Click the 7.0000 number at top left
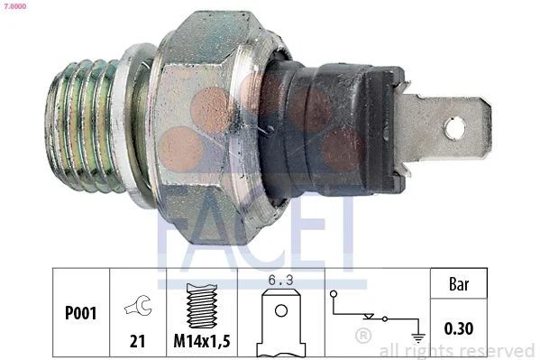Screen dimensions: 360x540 [14, 5]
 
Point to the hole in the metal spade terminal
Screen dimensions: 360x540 [453, 129]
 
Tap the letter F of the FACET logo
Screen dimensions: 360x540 [171, 236]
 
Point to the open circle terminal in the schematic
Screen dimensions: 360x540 [334, 294]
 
